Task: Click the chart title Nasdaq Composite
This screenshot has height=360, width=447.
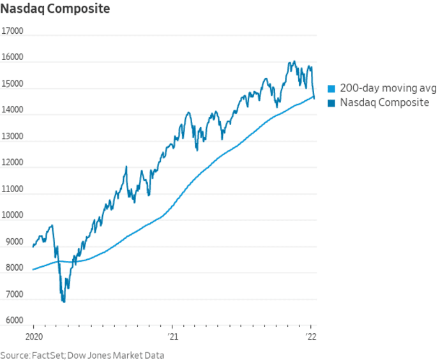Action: pyautogui.click(x=55, y=9)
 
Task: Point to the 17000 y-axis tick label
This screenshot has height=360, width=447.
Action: pyautogui.click(x=12, y=31)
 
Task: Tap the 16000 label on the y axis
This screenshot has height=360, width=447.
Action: pyautogui.click(x=12, y=57)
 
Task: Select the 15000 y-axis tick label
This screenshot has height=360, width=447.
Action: pyautogui.click(x=12, y=84)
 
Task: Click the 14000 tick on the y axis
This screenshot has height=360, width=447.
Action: pyautogui.click(x=12, y=110)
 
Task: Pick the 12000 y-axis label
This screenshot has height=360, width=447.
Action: pyautogui.click(x=12, y=163)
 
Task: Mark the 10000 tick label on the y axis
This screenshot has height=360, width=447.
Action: pyautogui.click(x=12, y=216)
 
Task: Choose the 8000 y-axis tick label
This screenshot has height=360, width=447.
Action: pyautogui.click(x=12, y=268)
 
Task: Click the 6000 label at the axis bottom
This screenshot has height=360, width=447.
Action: pyautogui.click(x=12, y=320)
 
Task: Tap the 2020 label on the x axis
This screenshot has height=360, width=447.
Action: pyautogui.click(x=33, y=336)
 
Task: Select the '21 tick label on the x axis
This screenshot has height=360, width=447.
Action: pyautogui.click(x=172, y=336)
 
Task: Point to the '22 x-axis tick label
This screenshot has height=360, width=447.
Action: pyautogui.click(x=311, y=336)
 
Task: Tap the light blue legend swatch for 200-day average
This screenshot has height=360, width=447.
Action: pyautogui.click(x=331, y=89)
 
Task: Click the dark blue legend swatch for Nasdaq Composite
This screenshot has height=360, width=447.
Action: pyautogui.click(x=331, y=102)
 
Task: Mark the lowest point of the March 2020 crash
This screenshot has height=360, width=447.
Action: pyautogui.click(x=63, y=302)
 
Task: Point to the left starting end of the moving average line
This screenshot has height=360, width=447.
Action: pyautogui.click(x=33, y=269)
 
